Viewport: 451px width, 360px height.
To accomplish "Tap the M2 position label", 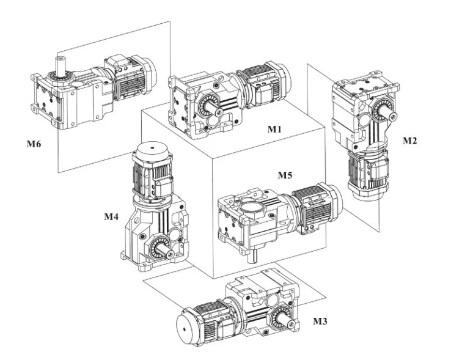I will [410, 141].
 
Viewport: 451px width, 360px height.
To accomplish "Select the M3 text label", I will [321, 320].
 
